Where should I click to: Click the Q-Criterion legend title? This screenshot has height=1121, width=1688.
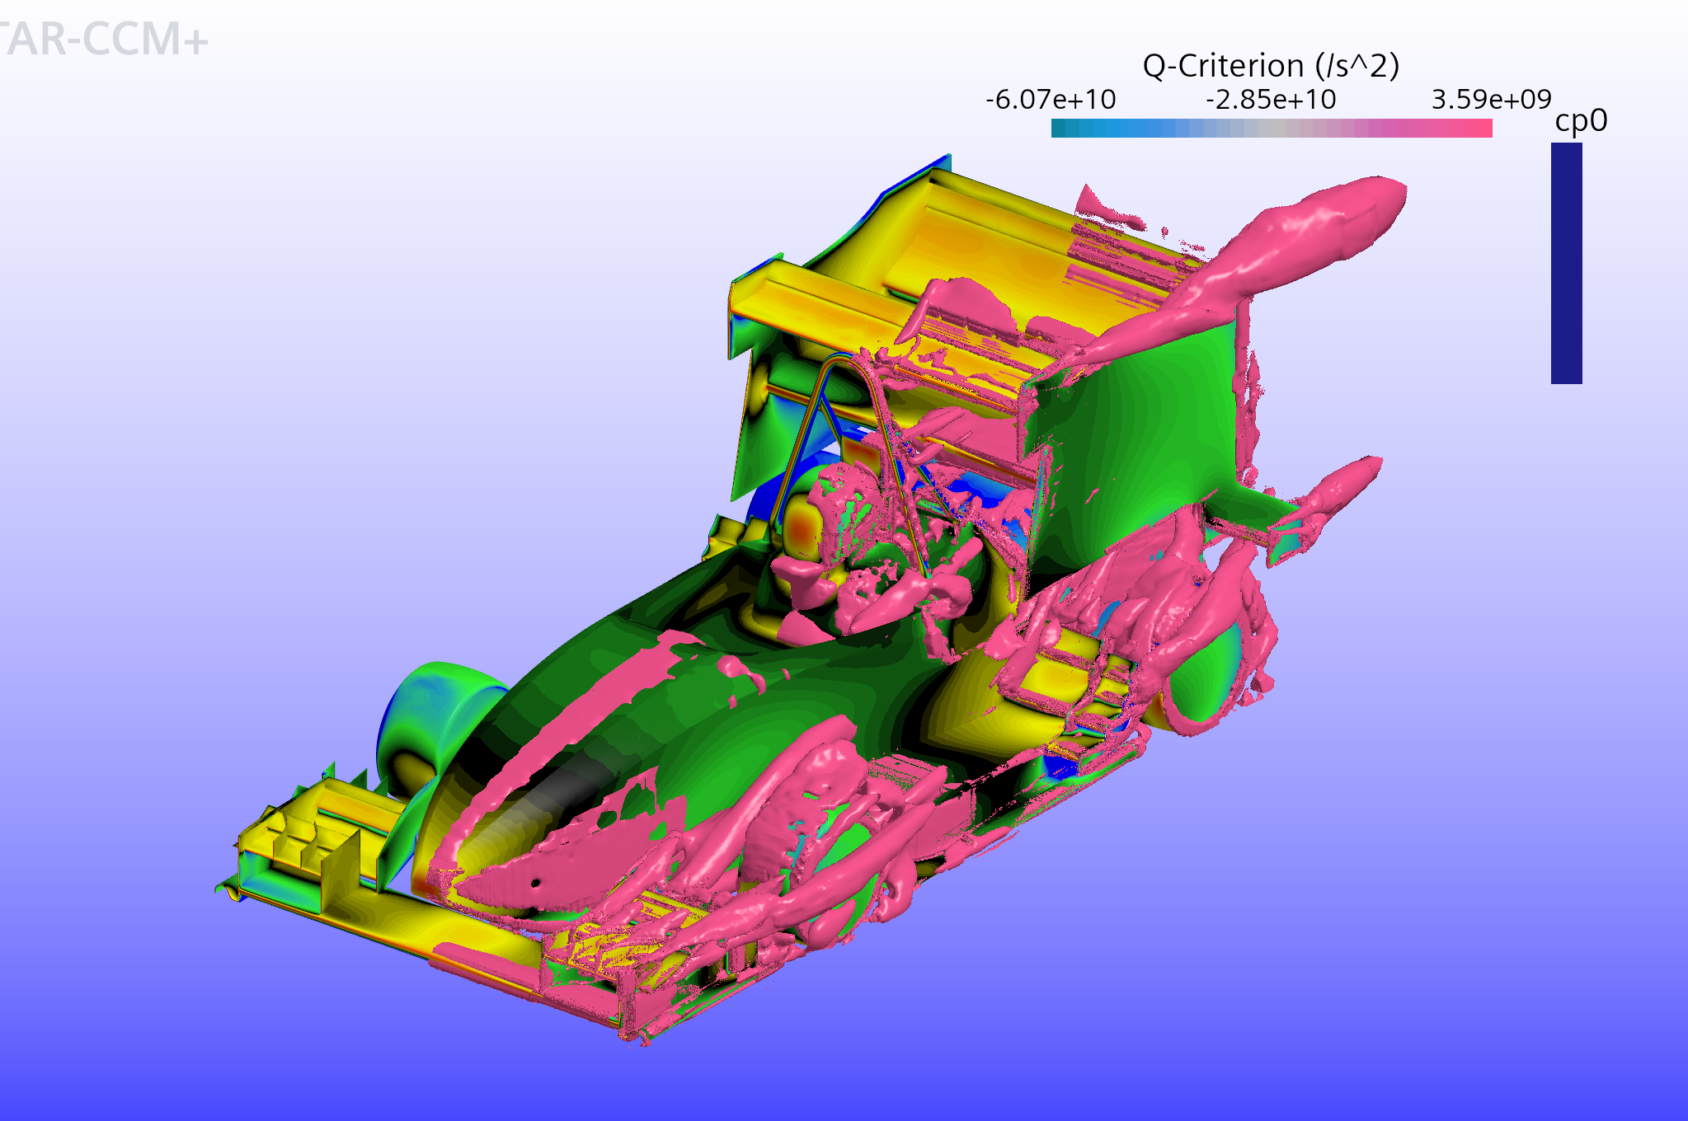[1271, 65]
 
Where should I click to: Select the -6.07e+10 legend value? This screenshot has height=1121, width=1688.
[1051, 100]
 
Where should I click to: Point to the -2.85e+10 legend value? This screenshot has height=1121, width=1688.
[1271, 100]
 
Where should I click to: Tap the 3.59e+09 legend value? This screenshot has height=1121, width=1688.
[1491, 100]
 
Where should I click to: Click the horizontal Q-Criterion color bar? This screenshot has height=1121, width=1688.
[1272, 128]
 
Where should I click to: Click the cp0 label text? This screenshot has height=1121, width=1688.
[1581, 121]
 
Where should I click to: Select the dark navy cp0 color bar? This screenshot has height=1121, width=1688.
[1567, 263]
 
